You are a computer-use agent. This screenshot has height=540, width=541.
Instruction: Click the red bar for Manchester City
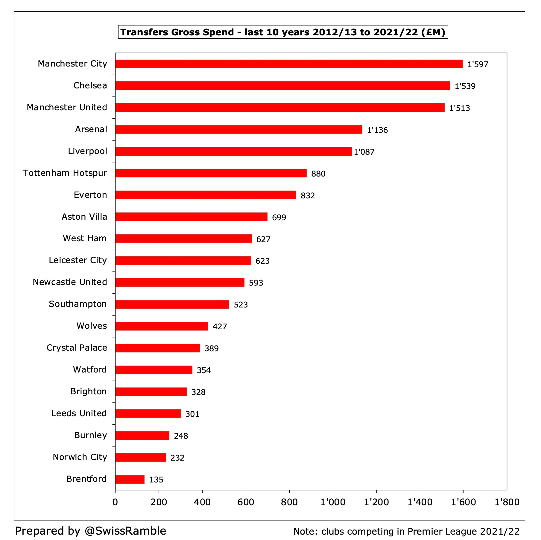tap(289, 64)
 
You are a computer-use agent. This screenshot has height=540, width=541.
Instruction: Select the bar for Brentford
tap(130, 479)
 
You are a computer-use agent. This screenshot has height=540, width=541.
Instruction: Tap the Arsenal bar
tap(238, 129)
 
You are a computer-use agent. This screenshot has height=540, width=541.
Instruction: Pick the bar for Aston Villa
tap(191, 217)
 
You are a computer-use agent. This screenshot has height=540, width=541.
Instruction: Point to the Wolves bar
tap(162, 326)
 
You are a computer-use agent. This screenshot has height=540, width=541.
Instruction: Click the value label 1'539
tap(465, 86)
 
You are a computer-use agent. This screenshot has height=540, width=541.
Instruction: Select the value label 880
tap(318, 174)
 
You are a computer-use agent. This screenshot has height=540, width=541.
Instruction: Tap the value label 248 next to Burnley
tap(181, 436)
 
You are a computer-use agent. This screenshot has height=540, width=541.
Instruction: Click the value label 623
tap(262, 261)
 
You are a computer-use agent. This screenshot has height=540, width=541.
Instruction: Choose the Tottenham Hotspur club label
tap(65, 173)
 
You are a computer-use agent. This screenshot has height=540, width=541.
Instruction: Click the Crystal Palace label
tap(77, 348)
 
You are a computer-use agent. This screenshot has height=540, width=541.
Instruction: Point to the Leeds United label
tap(79, 413)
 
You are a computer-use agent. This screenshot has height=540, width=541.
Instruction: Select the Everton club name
tap(90, 195)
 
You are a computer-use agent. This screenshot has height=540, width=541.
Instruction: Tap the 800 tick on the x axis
tap(289, 502)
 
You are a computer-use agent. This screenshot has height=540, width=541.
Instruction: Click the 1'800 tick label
tap(507, 502)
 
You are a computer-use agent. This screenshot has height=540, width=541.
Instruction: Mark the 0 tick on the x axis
tap(115, 502)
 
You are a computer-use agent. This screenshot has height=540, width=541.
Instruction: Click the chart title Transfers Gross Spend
tap(283, 32)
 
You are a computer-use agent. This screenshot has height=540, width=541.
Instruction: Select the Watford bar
tap(154, 370)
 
